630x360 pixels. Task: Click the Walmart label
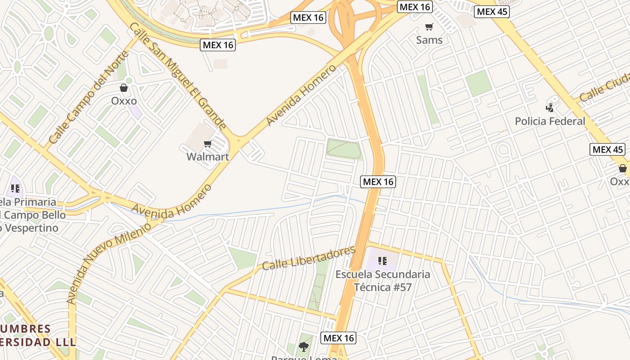pos(208,157)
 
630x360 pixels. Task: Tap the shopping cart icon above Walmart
pos(207,144)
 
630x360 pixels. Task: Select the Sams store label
pos(429,40)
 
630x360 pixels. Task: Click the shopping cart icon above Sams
pos(429,27)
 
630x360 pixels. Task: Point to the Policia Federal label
pos(550,121)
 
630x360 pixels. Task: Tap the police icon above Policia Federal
pos(549,108)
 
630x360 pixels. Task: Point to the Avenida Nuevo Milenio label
pos(109,262)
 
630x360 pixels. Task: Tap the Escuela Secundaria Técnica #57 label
pos(383,280)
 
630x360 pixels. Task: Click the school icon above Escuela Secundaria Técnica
pos(382,261)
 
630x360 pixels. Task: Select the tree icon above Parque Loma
pos(304,346)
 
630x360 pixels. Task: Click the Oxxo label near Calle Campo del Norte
pos(124,100)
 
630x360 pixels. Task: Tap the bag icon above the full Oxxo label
pos(124,88)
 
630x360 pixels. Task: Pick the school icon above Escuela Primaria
pos(15,189)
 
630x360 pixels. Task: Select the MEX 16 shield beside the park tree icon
pos(339,337)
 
